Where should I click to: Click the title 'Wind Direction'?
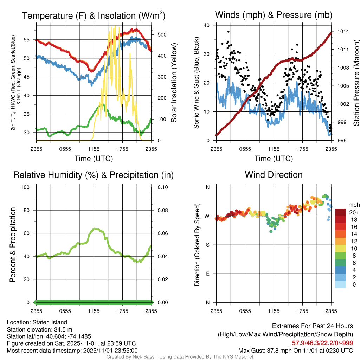point(274,175)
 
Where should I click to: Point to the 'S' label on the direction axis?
point(207,245)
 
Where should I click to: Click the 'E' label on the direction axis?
point(207,274)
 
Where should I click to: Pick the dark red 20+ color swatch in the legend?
point(341,212)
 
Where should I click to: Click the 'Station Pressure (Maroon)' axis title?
point(356,83)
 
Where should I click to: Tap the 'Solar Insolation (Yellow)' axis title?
point(174,83)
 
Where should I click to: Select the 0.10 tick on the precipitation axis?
point(162,187)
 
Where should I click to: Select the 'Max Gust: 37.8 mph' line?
point(296,351)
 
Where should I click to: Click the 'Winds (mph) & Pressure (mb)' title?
point(274,15)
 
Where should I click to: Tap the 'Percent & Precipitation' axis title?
point(13,245)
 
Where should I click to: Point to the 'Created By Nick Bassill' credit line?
point(180,357)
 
